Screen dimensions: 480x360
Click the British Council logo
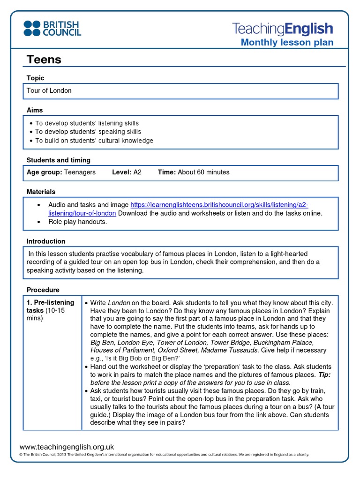tap(52, 28)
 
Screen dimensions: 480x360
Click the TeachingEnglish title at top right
tap(283, 29)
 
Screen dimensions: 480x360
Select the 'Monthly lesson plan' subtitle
tap(287, 43)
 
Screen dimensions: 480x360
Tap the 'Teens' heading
tap(44, 60)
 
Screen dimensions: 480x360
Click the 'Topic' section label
tap(36, 78)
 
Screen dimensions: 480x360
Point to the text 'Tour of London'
tap(49, 90)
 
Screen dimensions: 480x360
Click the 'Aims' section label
tap(35, 110)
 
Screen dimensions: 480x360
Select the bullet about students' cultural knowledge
tap(94, 141)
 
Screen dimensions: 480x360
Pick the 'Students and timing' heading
tap(59, 160)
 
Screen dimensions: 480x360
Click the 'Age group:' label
tap(44, 172)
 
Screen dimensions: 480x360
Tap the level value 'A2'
tap(137, 172)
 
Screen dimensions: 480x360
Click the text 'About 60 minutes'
tap(203, 172)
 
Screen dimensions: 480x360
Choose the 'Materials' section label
tap(41, 192)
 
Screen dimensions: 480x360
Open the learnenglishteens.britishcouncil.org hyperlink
tap(219, 205)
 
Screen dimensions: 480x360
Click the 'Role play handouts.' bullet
tap(77, 222)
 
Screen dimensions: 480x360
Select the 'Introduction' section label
tap(46, 241)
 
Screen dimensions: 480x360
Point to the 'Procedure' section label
tap(43, 290)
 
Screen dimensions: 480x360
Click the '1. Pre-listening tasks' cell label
tap(50, 307)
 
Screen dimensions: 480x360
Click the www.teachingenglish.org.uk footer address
tap(67, 447)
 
